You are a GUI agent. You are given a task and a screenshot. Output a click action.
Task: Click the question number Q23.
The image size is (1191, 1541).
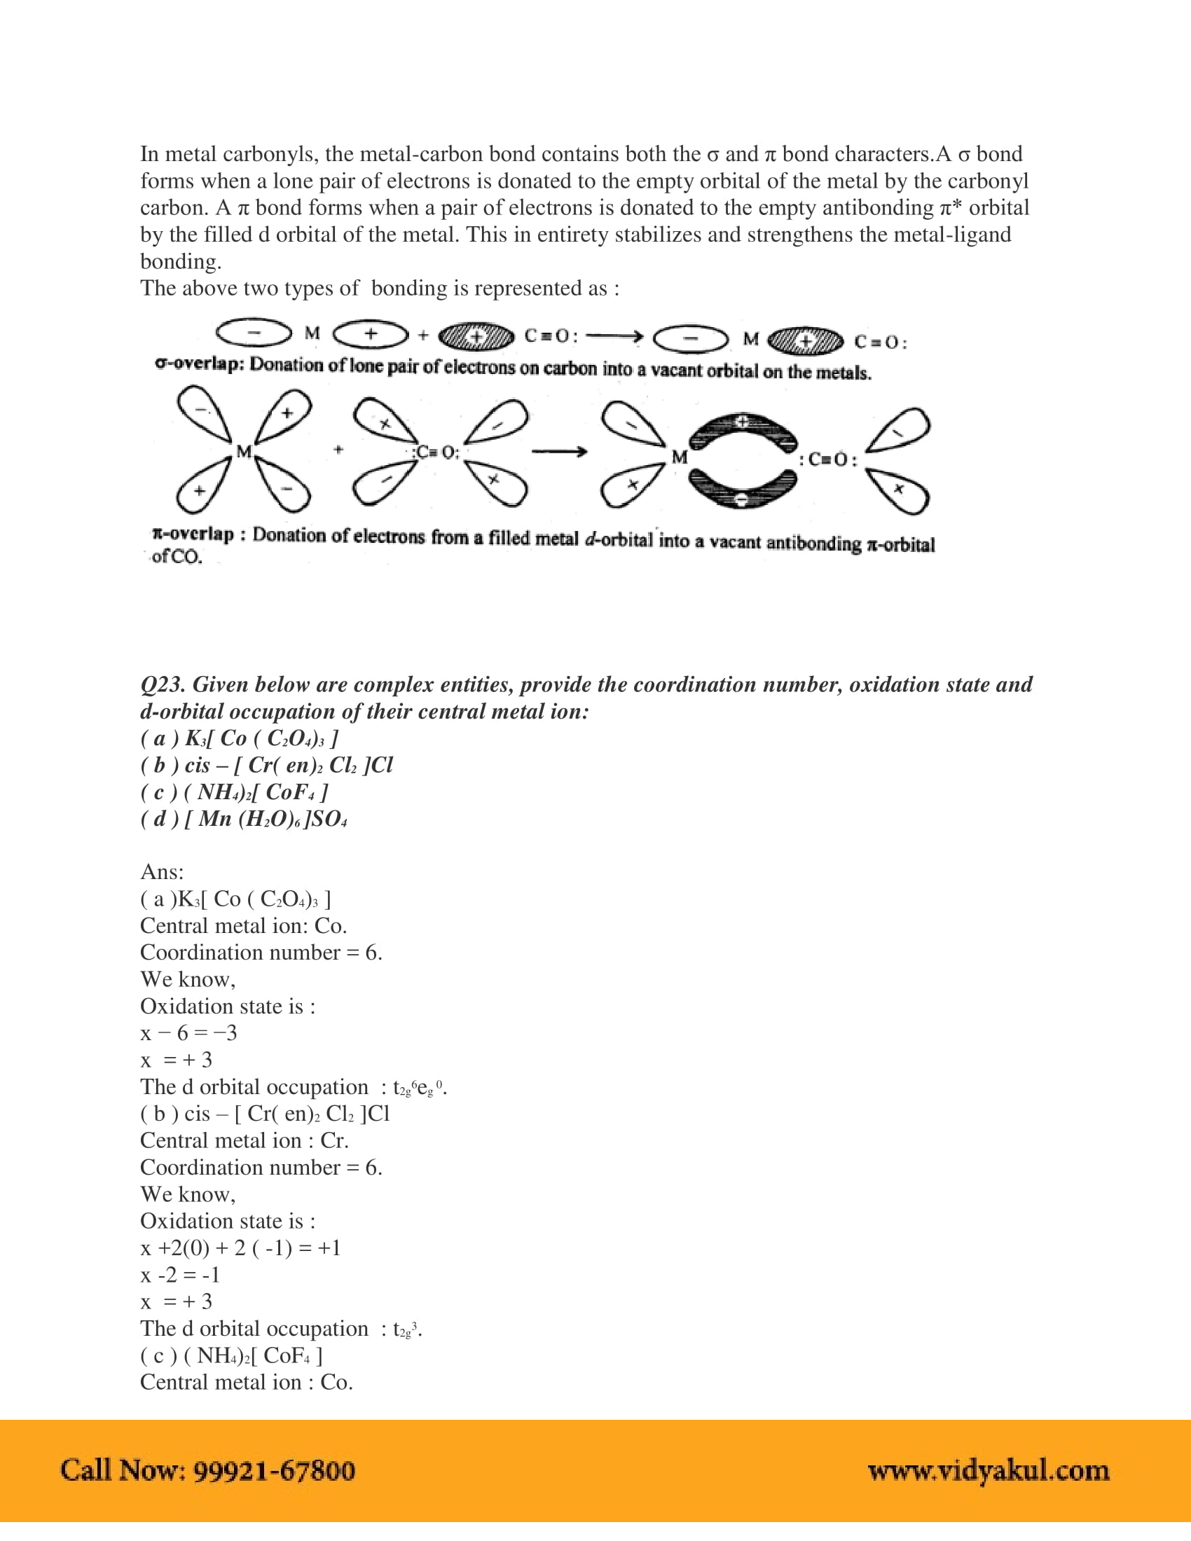pos(162,684)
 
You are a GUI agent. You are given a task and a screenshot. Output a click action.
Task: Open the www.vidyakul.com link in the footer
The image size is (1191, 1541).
pos(988,1470)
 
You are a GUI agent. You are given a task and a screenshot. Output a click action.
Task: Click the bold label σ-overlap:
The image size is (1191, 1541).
pos(199,364)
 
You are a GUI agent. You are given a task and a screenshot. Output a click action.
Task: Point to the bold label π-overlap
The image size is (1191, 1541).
pos(193,534)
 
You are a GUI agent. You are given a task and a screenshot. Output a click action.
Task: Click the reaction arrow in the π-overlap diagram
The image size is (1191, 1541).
pos(559,452)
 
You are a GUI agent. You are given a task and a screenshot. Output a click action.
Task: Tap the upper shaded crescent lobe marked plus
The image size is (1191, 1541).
pos(742,427)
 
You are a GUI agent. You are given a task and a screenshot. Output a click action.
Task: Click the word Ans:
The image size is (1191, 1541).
pos(162,872)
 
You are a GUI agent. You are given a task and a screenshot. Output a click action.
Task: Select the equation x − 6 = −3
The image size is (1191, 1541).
pos(188,1033)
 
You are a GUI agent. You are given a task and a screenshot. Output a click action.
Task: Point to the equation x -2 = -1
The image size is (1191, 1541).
pos(181,1274)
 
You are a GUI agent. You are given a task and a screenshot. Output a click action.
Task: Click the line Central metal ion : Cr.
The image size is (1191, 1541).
pos(244,1140)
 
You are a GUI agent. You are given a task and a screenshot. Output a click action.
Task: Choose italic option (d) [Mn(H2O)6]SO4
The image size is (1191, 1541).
pos(243,820)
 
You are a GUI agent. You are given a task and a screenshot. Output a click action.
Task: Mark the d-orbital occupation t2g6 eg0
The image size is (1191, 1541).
pos(419,1087)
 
